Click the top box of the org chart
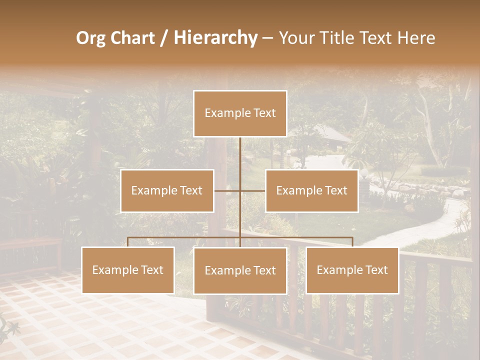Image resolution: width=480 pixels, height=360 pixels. pyautogui.click(x=240, y=113)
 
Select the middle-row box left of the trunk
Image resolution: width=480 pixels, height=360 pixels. pyautogui.click(x=167, y=190)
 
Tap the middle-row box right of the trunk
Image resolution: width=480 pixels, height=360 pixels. pyautogui.click(x=311, y=190)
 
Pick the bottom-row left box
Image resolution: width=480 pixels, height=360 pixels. pyautogui.click(x=128, y=270)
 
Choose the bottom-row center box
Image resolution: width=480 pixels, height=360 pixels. pyautogui.click(x=240, y=270)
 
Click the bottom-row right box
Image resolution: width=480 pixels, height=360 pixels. pyautogui.click(x=352, y=270)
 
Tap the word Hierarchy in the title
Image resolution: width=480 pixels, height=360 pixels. pyautogui.click(x=215, y=38)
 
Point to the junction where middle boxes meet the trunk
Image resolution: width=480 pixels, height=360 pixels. pyautogui.click(x=240, y=190)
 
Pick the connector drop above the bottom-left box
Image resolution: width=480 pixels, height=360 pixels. pyautogui.click(x=128, y=242)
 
